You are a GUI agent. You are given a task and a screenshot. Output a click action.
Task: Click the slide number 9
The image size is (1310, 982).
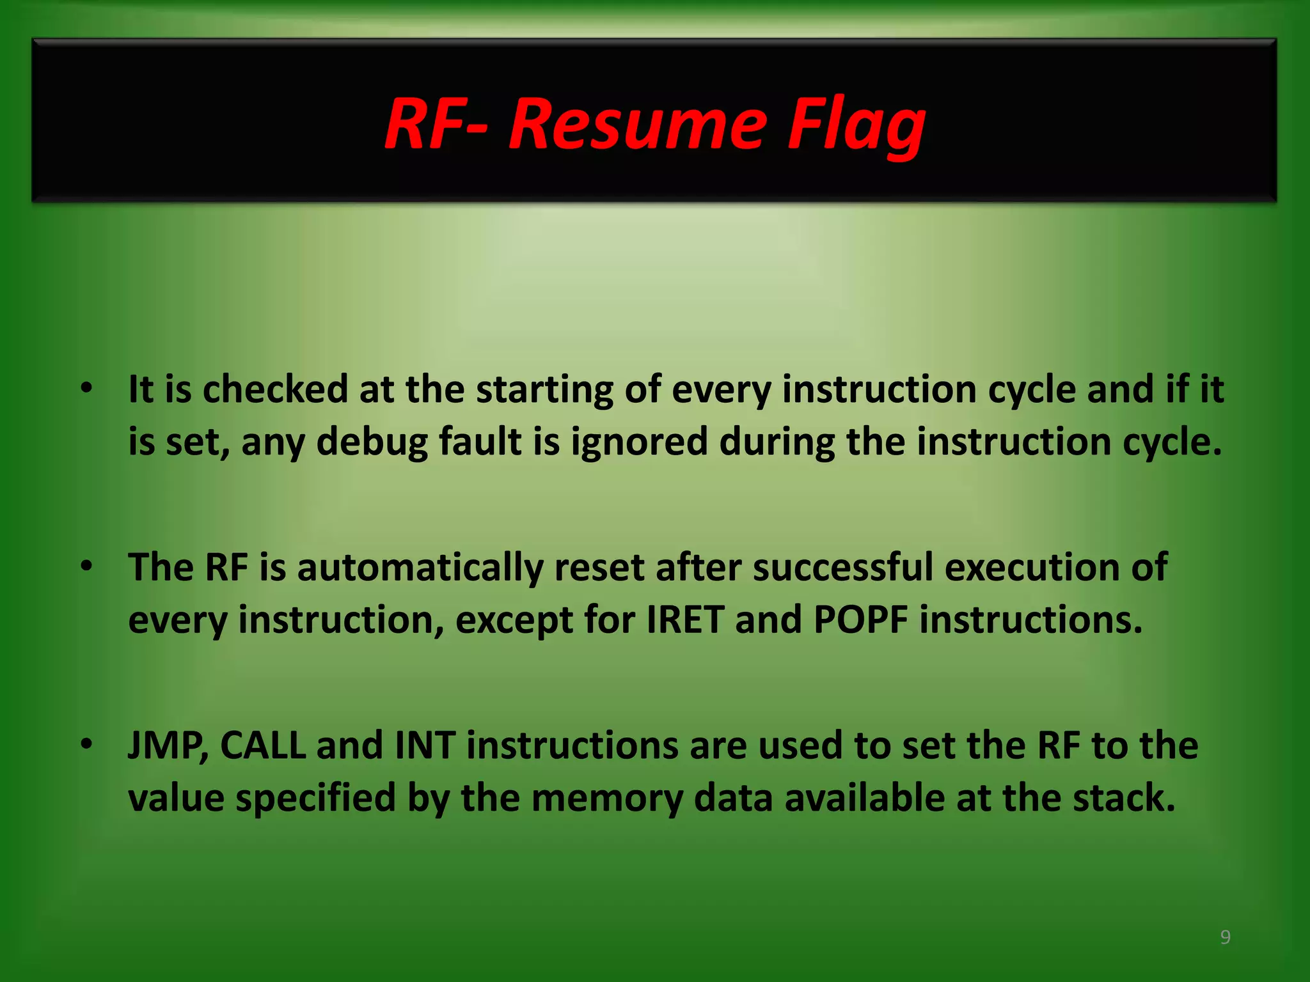(1225, 937)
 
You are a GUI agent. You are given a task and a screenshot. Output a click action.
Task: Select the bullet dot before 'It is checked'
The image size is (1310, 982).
(87, 387)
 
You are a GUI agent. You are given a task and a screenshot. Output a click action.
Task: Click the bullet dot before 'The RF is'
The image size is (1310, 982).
(87, 566)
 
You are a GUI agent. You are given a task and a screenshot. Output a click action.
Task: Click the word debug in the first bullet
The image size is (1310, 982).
(372, 442)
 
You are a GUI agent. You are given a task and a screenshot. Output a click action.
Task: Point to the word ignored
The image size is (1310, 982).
(639, 442)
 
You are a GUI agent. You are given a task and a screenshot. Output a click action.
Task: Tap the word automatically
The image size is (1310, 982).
(420, 567)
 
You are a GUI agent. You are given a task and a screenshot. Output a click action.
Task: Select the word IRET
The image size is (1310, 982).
(685, 620)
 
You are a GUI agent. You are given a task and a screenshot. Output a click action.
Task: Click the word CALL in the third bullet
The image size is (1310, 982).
(262, 745)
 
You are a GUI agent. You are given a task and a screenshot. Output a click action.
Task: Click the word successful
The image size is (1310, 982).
(842, 567)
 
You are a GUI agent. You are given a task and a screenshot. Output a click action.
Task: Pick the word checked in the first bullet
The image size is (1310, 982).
(275, 389)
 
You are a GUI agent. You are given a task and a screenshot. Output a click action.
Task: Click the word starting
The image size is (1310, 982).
(544, 389)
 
